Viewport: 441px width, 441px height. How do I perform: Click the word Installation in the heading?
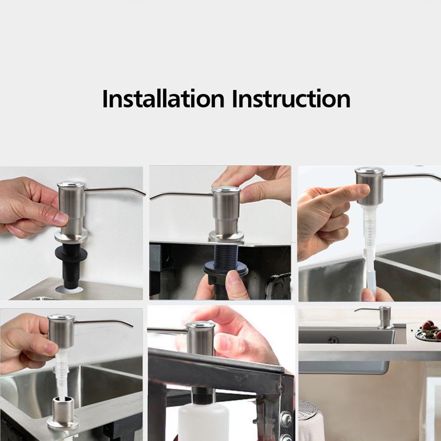[163, 98]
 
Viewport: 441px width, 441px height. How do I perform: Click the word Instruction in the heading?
[291, 98]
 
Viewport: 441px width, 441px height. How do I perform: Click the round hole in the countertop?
[69, 289]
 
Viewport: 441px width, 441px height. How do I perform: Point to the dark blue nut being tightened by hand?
[225, 269]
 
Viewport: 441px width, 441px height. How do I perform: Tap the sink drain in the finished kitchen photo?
[333, 340]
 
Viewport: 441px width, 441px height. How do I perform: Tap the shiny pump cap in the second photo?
[226, 189]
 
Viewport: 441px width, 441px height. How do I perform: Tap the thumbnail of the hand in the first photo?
[61, 218]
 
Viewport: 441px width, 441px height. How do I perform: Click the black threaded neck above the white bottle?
[203, 396]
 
